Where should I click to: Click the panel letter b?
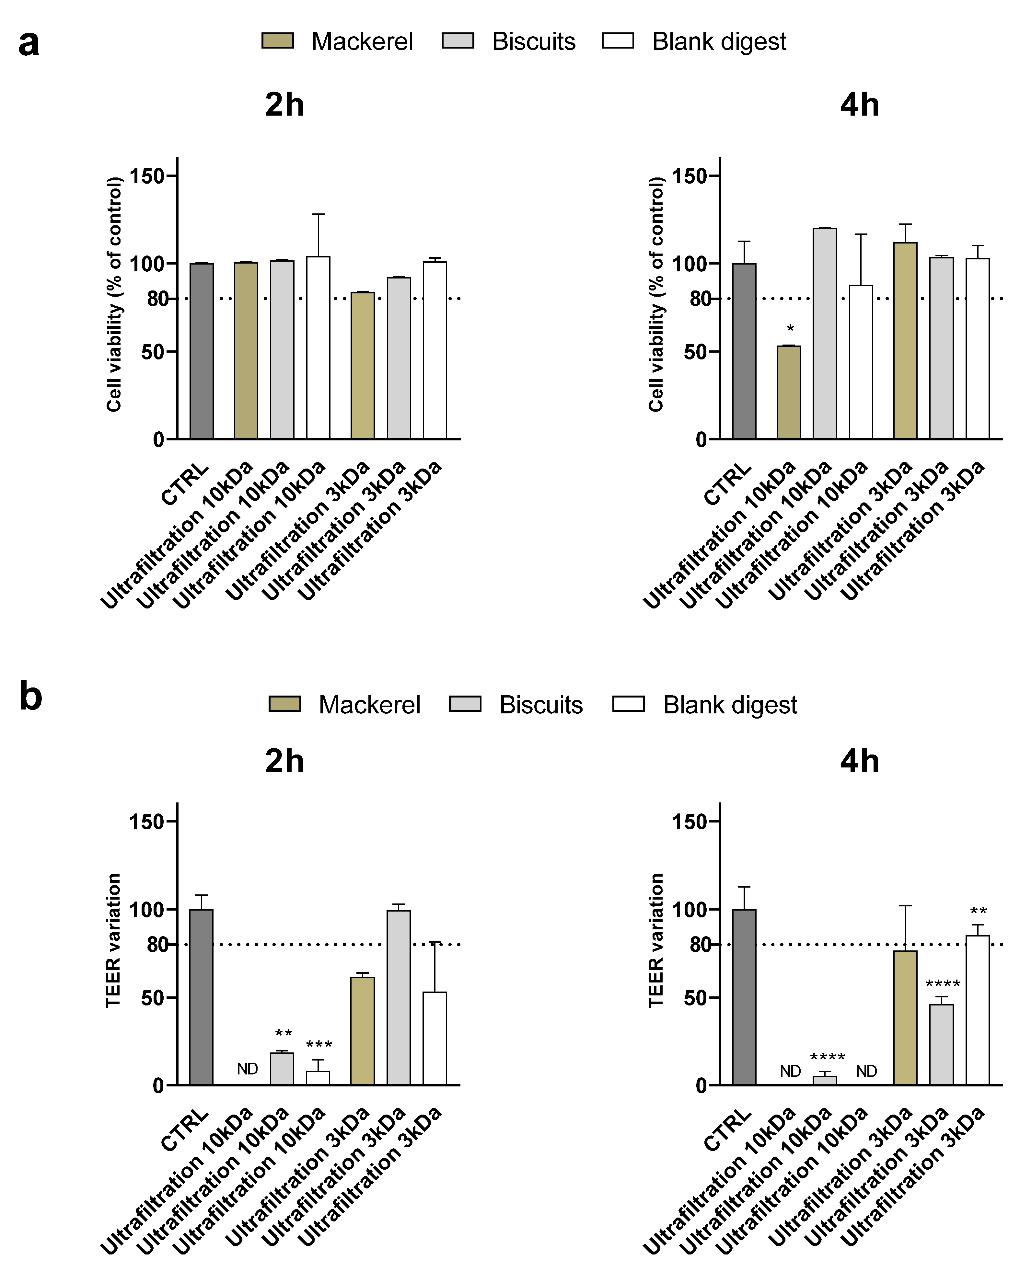[31, 696]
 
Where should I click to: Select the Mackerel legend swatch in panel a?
[277, 41]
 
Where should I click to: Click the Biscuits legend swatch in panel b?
[465, 704]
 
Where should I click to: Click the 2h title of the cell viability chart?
[284, 105]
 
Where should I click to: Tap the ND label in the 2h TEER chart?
[247, 1069]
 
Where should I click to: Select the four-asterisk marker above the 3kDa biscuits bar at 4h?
[942, 984]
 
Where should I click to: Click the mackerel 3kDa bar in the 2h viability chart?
[362, 366]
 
